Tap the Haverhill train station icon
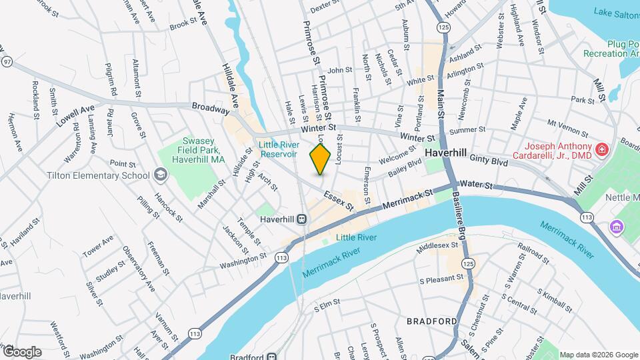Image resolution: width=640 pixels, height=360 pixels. coord(302,219)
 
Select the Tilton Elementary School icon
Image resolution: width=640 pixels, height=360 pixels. coord(159,175)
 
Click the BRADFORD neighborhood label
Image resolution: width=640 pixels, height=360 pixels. coord(431,321)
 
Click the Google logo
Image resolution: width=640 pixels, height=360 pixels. coord(22,351)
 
